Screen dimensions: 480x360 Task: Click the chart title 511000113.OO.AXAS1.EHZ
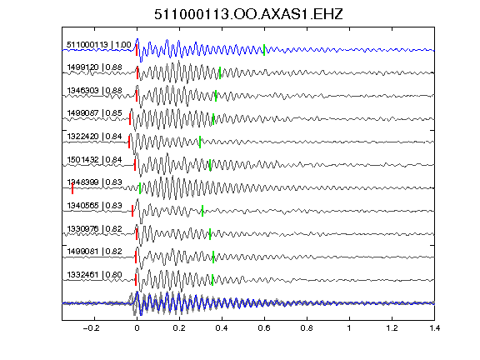click(248, 14)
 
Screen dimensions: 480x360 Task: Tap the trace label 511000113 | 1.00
click(99, 45)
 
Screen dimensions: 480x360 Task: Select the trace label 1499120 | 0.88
click(95, 67)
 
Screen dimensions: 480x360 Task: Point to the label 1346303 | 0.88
click(95, 91)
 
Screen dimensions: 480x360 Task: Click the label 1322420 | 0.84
click(95, 136)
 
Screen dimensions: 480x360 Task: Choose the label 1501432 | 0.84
click(95, 159)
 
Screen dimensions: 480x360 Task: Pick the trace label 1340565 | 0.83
click(95, 205)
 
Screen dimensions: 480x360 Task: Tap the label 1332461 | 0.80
click(95, 275)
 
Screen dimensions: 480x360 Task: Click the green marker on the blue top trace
click(264, 50)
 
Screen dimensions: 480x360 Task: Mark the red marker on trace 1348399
click(72, 188)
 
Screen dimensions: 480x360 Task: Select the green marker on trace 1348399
click(140, 188)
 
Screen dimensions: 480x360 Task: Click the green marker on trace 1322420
click(200, 142)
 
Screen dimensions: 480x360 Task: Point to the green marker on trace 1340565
click(202, 211)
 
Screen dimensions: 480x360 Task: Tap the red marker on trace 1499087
click(130, 119)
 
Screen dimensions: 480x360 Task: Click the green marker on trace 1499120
click(220, 72)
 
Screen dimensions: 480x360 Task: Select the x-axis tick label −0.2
click(92, 328)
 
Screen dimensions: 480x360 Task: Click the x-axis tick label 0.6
click(264, 328)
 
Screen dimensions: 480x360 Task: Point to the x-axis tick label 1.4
click(434, 328)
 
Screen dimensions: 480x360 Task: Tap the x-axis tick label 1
click(349, 328)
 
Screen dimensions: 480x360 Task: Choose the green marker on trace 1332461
click(212, 280)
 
